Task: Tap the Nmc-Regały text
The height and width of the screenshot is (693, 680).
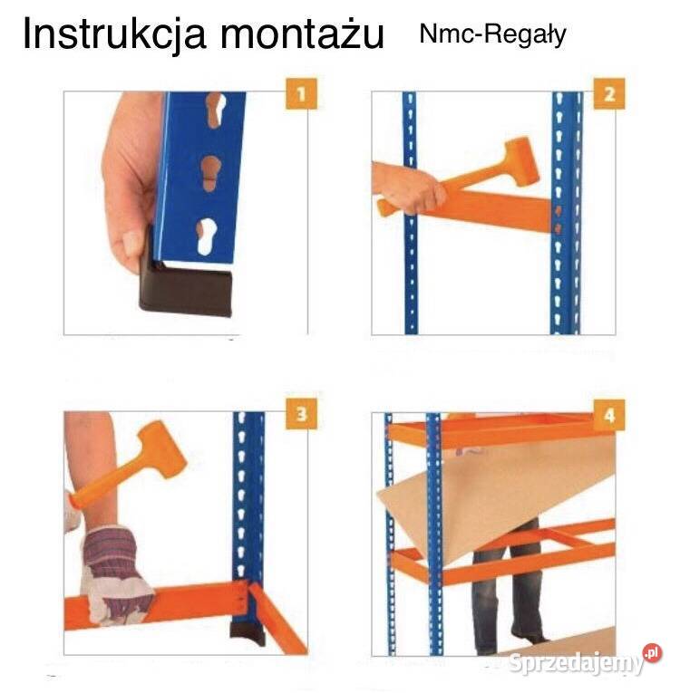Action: click(492, 34)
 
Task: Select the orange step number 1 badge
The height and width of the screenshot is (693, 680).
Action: click(302, 93)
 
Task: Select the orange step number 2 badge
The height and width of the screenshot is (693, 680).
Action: click(609, 93)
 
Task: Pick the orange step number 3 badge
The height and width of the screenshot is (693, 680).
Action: click(302, 415)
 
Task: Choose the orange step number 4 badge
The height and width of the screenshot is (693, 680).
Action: click(609, 415)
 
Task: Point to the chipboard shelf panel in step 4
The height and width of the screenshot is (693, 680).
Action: click(490, 494)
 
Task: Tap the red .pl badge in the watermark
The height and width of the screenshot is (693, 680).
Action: click(651, 652)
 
